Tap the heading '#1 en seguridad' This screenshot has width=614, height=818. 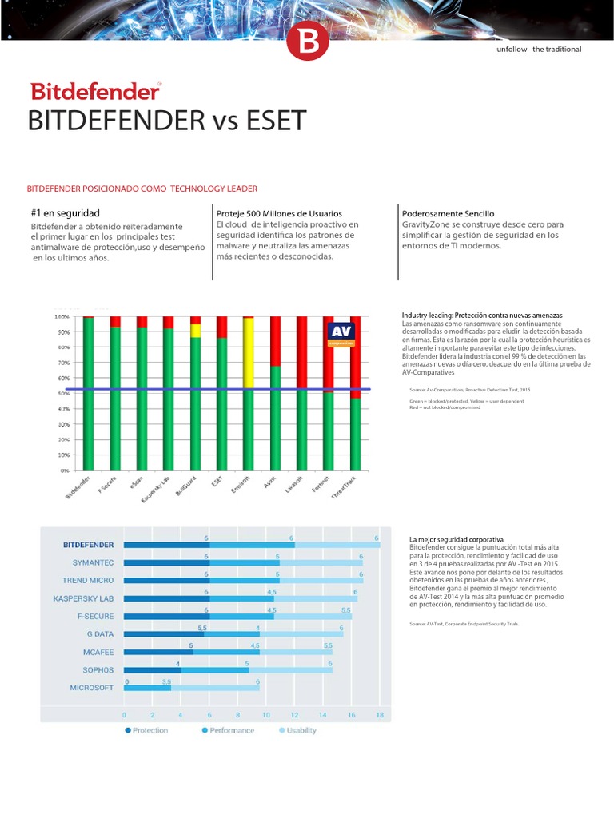tap(65, 213)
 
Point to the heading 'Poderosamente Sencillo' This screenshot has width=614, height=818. tap(448, 214)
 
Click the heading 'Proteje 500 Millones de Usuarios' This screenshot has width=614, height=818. tap(279, 214)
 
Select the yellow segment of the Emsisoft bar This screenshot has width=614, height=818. tap(248, 351)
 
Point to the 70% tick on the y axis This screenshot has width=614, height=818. tap(61, 363)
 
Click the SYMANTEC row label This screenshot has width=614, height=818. tap(93, 562)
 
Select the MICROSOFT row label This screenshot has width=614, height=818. tap(91, 687)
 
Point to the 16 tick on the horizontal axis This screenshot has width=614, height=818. tap(351, 715)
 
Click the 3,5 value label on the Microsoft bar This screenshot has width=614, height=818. tap(166, 681)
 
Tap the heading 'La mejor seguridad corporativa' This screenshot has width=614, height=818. tap(456, 540)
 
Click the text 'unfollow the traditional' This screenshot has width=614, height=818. tap(539, 50)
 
